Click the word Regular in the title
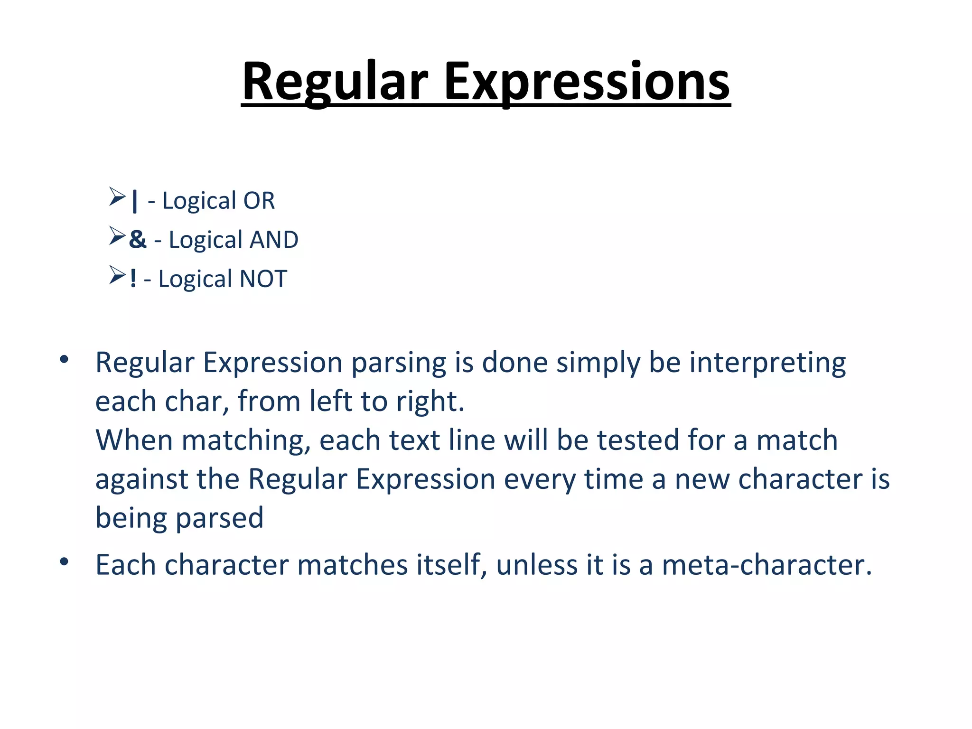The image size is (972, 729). pos(335,82)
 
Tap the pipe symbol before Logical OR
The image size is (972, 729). pos(135,201)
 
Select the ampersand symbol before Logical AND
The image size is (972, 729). pos(138,239)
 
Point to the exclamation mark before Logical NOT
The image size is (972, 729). pos(133,279)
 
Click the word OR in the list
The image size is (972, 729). pos(259,201)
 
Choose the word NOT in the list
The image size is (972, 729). pos(263,279)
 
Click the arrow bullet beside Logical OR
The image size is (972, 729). pos(117,196)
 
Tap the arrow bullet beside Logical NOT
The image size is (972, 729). pos(117,275)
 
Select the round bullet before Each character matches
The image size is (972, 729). pos(64,562)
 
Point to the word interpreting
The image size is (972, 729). pos(767,364)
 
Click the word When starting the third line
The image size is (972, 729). pos(134,440)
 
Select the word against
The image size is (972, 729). pos(142,479)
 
